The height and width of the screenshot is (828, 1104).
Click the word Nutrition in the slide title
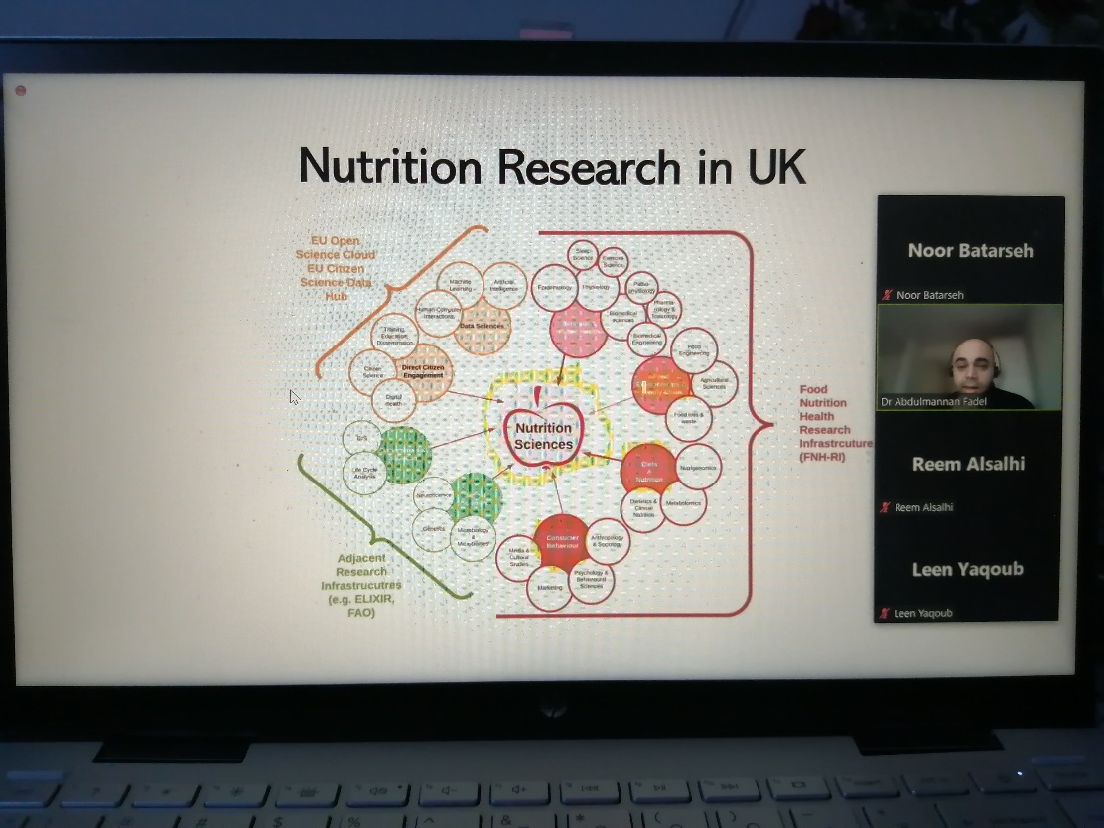point(391,166)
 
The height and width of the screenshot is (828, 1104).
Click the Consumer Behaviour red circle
point(561,542)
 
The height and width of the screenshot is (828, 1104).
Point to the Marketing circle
point(550,587)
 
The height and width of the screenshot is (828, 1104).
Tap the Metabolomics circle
point(683,504)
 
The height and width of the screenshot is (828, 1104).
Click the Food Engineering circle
point(694,350)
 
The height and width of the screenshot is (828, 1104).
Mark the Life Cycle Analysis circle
point(364,473)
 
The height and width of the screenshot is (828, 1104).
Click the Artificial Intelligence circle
point(504,285)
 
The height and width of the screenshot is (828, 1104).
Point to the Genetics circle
point(434,529)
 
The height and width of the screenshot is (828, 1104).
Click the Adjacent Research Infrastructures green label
point(361,585)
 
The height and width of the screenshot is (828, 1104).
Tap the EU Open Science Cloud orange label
point(336,268)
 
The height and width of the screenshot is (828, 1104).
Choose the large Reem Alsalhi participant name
point(967,464)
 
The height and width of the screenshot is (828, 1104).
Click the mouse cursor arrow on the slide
point(294,396)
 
